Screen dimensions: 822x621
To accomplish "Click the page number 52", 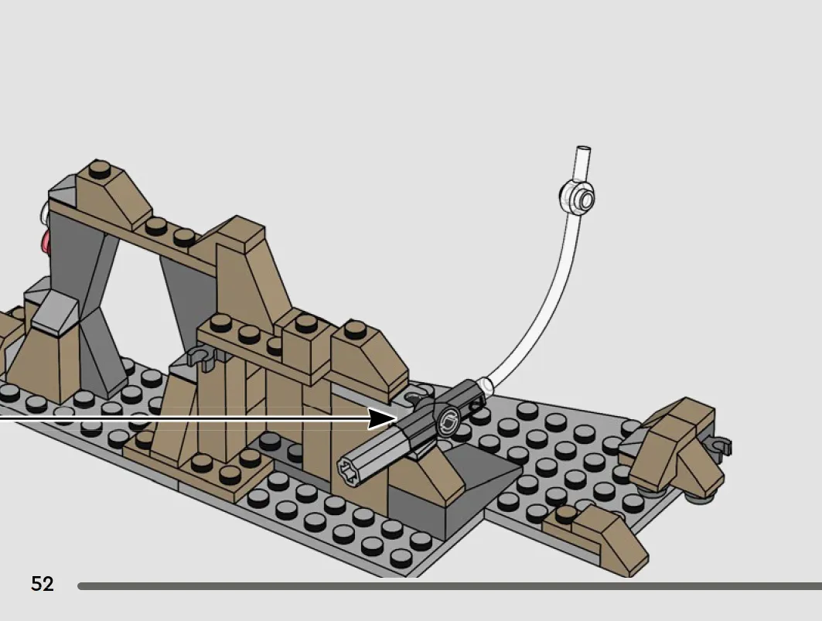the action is [43, 584].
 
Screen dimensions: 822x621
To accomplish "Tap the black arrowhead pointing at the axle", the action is [382, 419].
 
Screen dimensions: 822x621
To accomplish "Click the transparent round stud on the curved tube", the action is [577, 198].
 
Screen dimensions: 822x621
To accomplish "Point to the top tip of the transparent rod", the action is [584, 148].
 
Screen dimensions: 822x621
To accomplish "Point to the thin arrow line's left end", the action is [1, 418].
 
